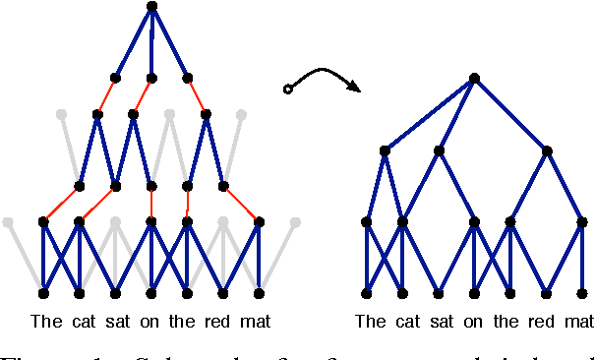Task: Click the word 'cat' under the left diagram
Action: (81, 322)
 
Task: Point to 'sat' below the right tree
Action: (441, 322)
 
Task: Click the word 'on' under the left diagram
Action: (149, 322)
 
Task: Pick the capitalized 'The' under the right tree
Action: (371, 322)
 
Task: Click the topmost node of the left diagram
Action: (151, 7)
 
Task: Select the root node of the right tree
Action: (475, 78)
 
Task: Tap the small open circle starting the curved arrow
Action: (287, 90)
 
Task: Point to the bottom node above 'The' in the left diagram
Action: (43, 293)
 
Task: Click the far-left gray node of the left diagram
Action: (8, 222)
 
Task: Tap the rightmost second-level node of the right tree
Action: (547, 150)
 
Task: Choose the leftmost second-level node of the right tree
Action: (385, 150)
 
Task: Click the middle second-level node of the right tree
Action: (439, 150)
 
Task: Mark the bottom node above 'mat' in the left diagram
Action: (260, 293)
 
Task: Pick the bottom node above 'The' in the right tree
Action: (367, 293)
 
